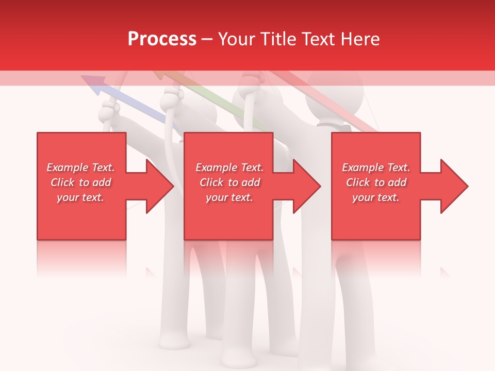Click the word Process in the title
[x=162, y=39]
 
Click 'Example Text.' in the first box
[x=80, y=167]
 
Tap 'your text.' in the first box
[x=80, y=197]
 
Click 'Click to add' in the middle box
[x=229, y=182]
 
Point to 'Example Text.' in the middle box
[x=229, y=167]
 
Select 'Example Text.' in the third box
[x=376, y=167]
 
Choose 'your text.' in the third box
[x=376, y=197]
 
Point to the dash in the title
[x=207, y=40]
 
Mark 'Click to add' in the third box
[x=376, y=182]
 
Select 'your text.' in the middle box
[x=229, y=197]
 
